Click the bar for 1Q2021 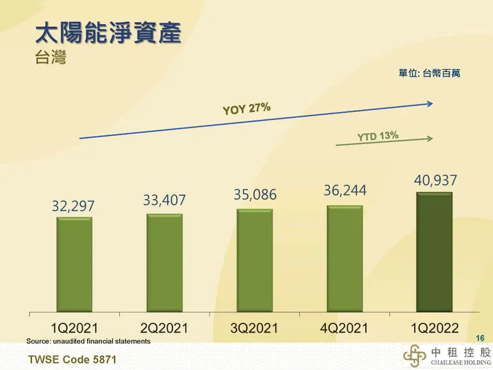coord(74,265)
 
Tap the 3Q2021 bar coord(254,260)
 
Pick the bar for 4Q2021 coord(344,259)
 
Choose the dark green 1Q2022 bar coord(434,252)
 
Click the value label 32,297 coord(74,207)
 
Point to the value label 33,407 coord(164,200)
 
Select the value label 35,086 coord(254,195)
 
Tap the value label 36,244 coord(345,191)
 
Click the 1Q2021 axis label coord(74,327)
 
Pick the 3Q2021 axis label coord(254,327)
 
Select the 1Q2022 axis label coord(434,327)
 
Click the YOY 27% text coord(246,109)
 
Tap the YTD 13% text coord(378,137)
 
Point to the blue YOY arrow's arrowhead coord(430,103)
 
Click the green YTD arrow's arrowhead coord(430,139)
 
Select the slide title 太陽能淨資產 coord(108,33)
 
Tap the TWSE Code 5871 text coord(67,359)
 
